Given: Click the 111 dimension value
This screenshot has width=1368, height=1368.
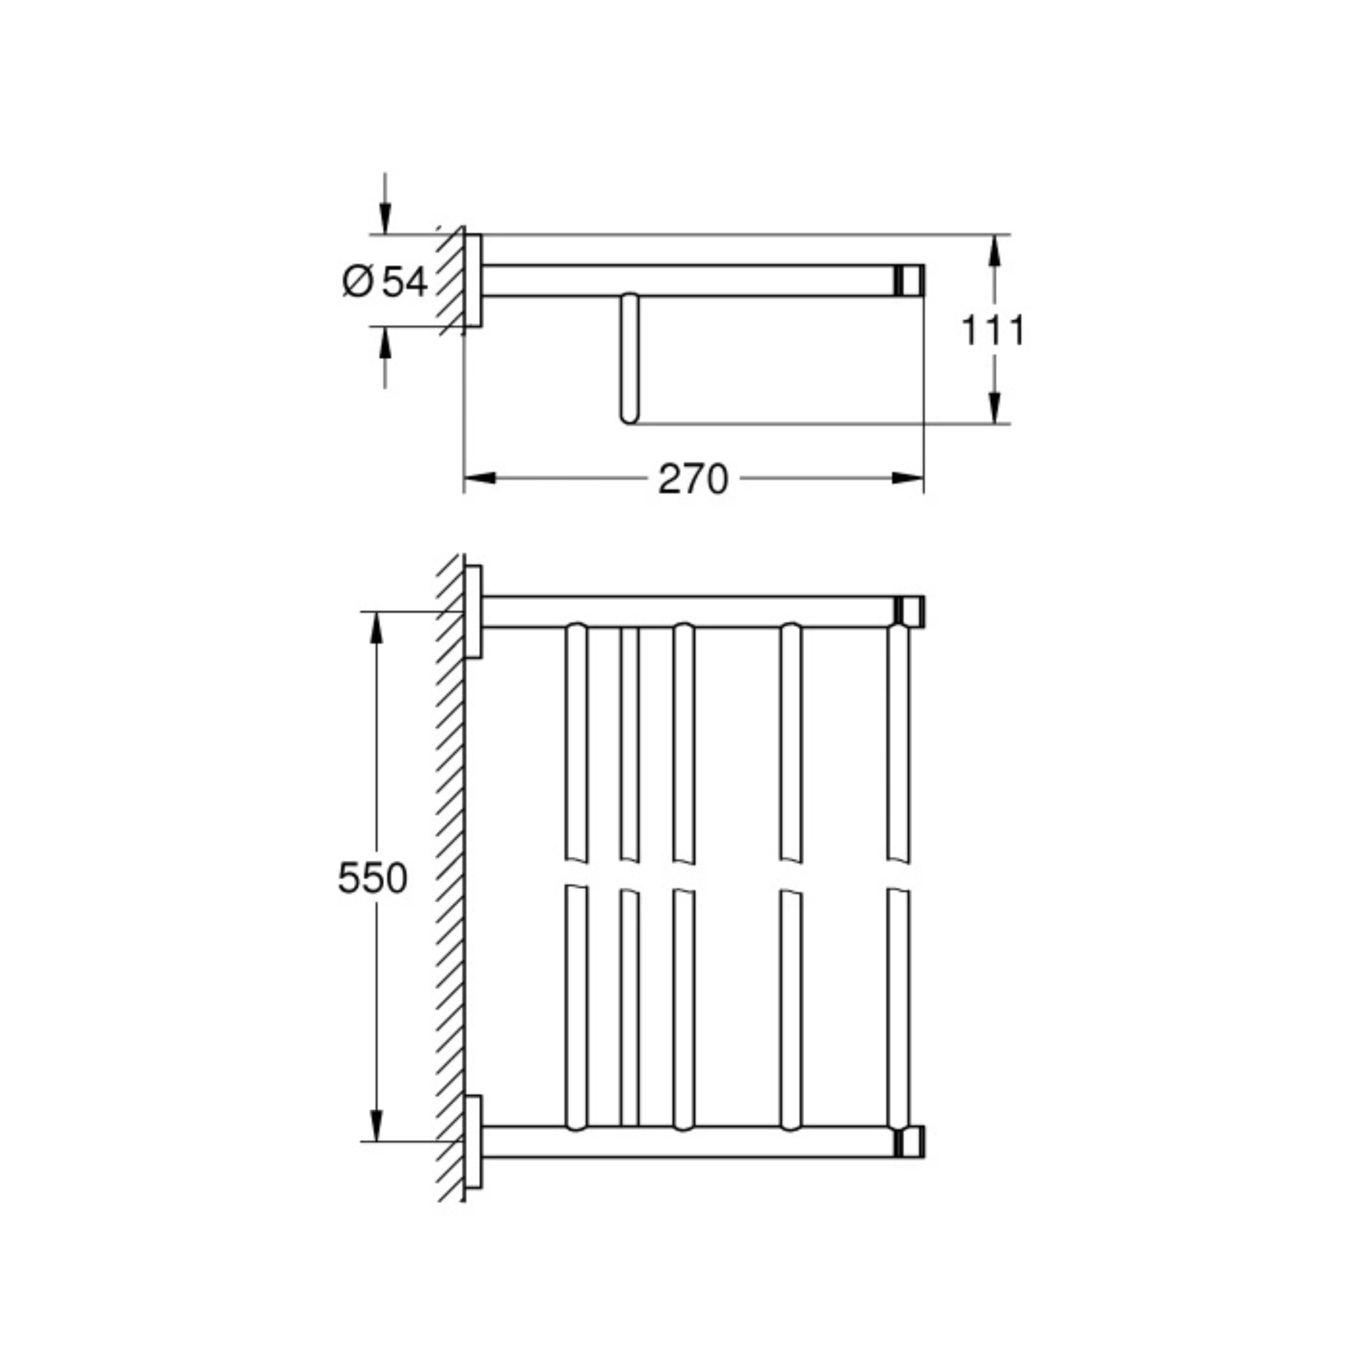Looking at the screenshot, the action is (x=993, y=331).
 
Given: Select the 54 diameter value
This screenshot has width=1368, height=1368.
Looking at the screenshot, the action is (x=405, y=282).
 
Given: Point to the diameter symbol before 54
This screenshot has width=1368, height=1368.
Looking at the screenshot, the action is (x=358, y=282).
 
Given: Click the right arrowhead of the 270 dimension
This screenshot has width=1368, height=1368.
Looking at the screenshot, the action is (x=908, y=479).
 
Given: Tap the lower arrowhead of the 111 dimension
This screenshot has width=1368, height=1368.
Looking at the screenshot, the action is (x=994, y=408).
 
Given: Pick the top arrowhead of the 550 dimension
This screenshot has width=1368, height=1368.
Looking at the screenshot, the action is (x=377, y=627).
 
